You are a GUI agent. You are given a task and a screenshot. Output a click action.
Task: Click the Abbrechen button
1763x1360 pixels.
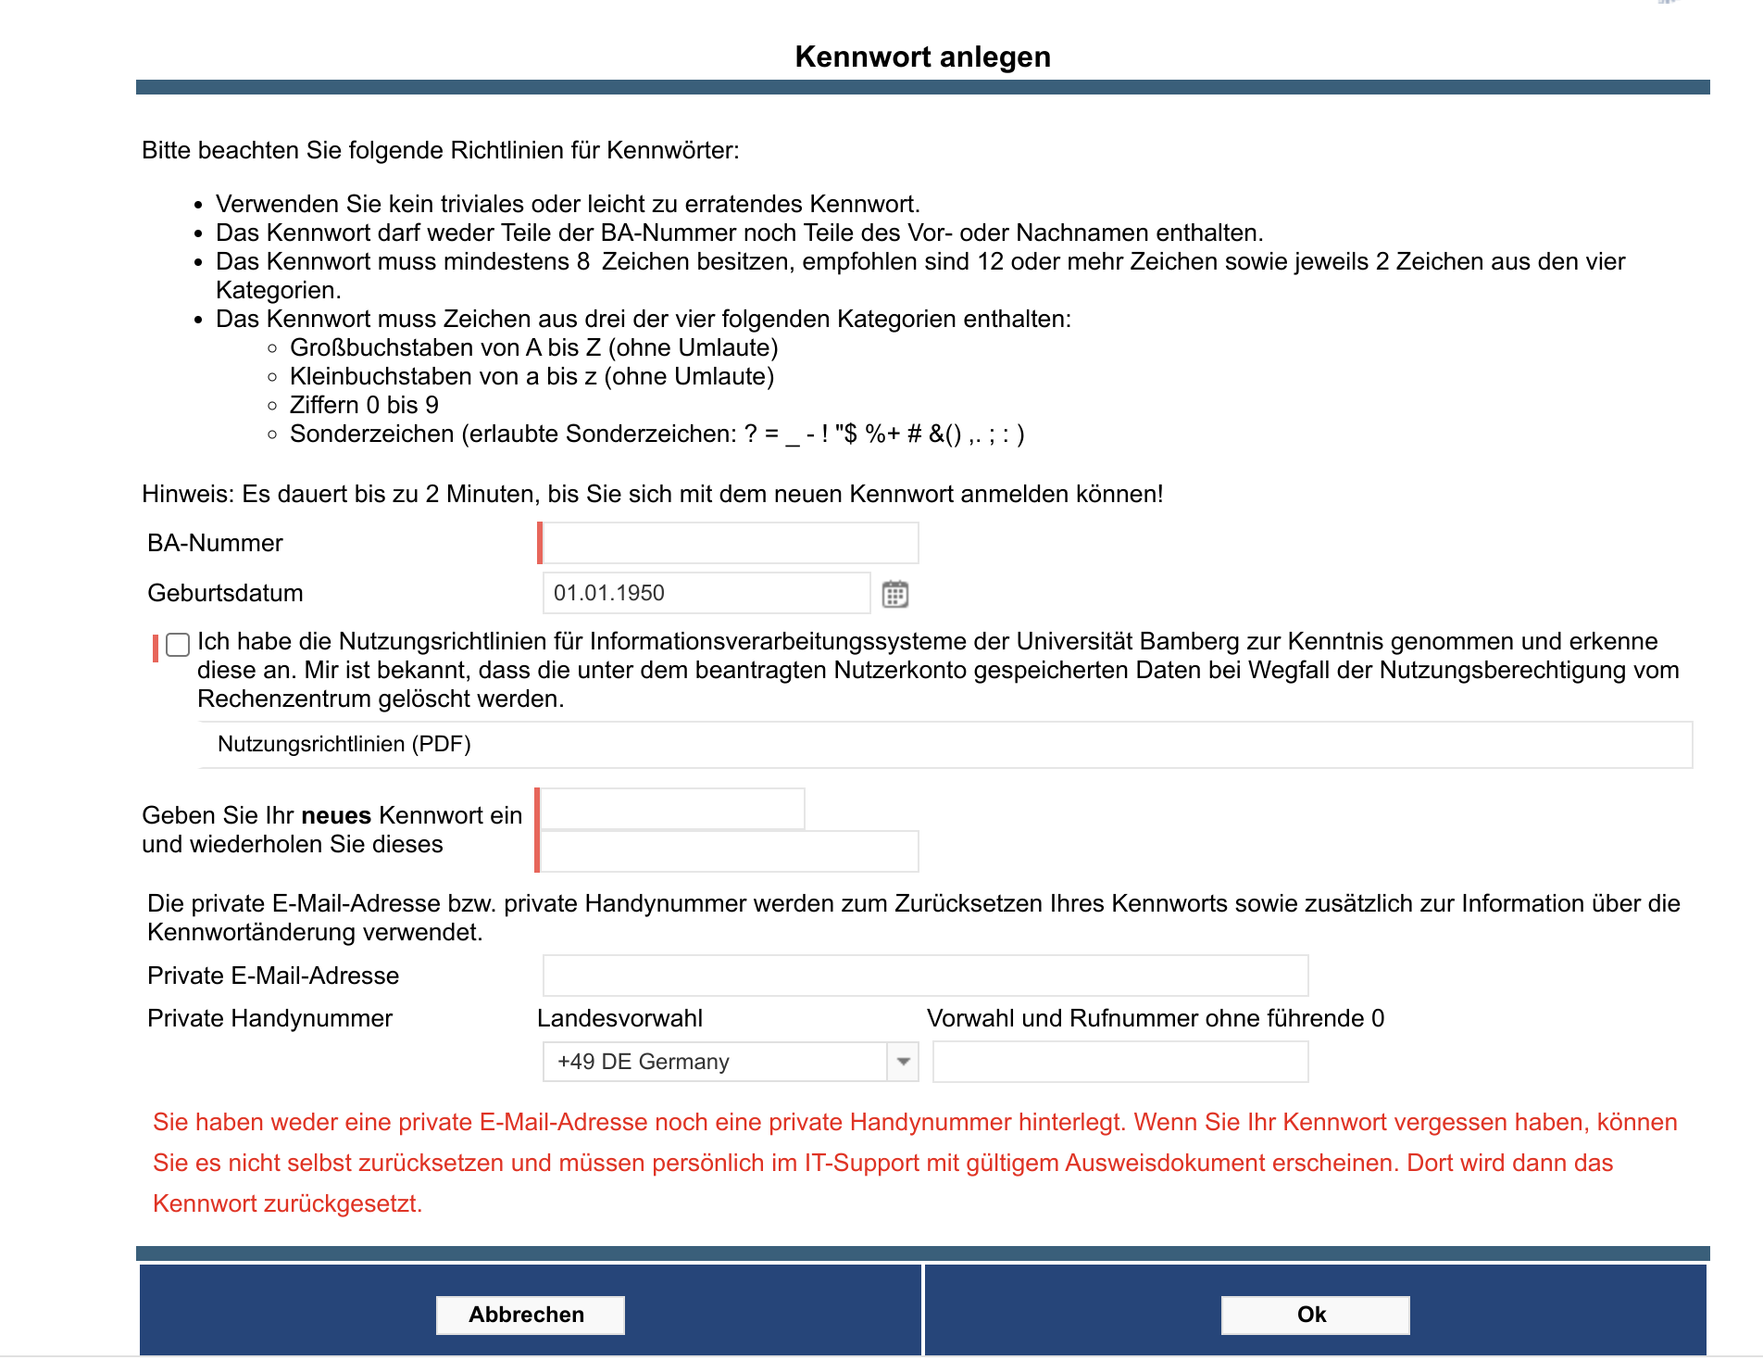click(530, 1315)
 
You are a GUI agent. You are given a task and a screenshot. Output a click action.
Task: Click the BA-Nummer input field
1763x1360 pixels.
click(730, 543)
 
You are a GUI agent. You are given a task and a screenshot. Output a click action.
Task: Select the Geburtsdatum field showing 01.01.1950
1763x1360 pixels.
click(706, 593)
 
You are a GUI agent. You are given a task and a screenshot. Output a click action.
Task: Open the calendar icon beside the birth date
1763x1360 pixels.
click(894, 594)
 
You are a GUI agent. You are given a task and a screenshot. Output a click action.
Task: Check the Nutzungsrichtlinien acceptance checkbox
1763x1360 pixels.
click(178, 645)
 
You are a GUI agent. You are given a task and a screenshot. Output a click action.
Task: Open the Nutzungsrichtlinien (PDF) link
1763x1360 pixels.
click(344, 744)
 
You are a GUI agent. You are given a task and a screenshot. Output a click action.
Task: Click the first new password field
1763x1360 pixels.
click(672, 809)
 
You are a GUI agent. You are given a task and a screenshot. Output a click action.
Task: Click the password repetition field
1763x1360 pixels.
click(730, 851)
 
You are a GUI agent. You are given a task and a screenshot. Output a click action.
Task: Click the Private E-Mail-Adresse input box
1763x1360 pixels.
click(925, 976)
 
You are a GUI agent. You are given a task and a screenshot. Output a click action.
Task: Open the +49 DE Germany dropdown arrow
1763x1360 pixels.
click(903, 1062)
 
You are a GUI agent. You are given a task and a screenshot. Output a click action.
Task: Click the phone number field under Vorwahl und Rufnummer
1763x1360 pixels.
click(1120, 1062)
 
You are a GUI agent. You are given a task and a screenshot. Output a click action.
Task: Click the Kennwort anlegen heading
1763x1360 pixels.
click(922, 57)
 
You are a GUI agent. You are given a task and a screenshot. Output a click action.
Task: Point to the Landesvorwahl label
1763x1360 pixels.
click(619, 1018)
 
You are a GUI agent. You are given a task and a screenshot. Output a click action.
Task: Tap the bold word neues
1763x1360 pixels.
click(336, 815)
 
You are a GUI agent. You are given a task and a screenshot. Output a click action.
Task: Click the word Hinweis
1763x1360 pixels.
click(187, 494)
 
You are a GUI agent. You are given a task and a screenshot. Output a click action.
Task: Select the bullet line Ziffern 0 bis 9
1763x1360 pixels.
click(364, 405)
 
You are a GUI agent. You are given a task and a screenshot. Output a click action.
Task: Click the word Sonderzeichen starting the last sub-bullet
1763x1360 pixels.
click(371, 434)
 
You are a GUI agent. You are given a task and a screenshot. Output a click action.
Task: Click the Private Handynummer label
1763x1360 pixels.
click(269, 1018)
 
